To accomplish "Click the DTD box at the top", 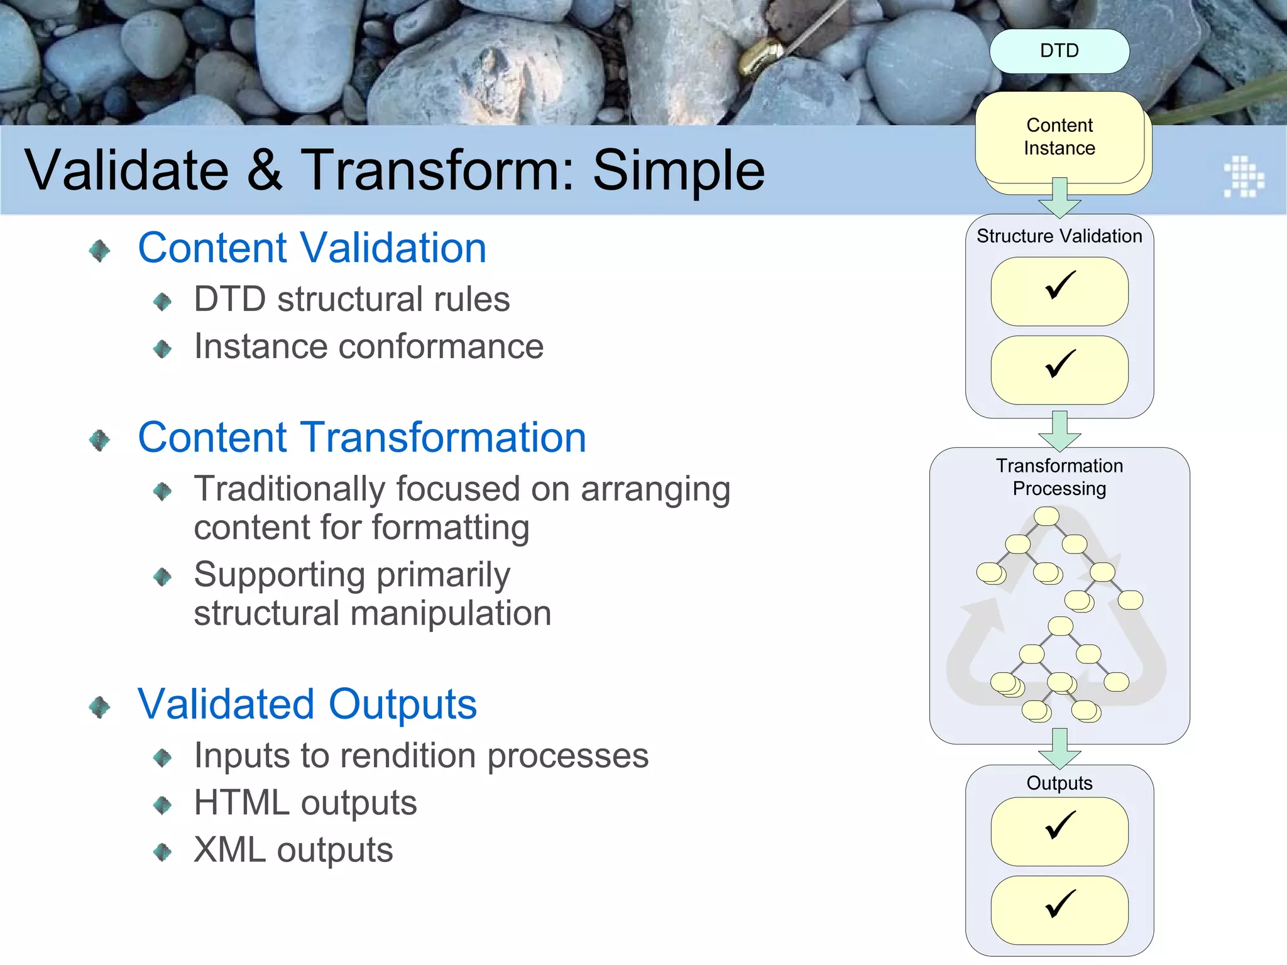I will tap(1059, 51).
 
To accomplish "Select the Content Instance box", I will tap(1059, 137).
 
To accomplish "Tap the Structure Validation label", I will tap(1059, 236).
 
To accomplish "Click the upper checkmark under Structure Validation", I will tap(1060, 286).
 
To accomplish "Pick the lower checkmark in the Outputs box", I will tap(1060, 904).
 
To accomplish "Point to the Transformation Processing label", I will tap(1059, 477).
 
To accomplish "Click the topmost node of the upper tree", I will tap(1046, 516).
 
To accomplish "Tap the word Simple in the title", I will tap(679, 170).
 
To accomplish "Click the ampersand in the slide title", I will tap(265, 170).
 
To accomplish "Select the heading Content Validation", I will tap(312, 248).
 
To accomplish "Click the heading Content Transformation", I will tap(361, 437).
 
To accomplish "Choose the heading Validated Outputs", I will tap(307, 704).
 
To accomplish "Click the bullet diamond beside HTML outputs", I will tap(162, 805).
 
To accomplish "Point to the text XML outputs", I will tap(293, 850).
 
